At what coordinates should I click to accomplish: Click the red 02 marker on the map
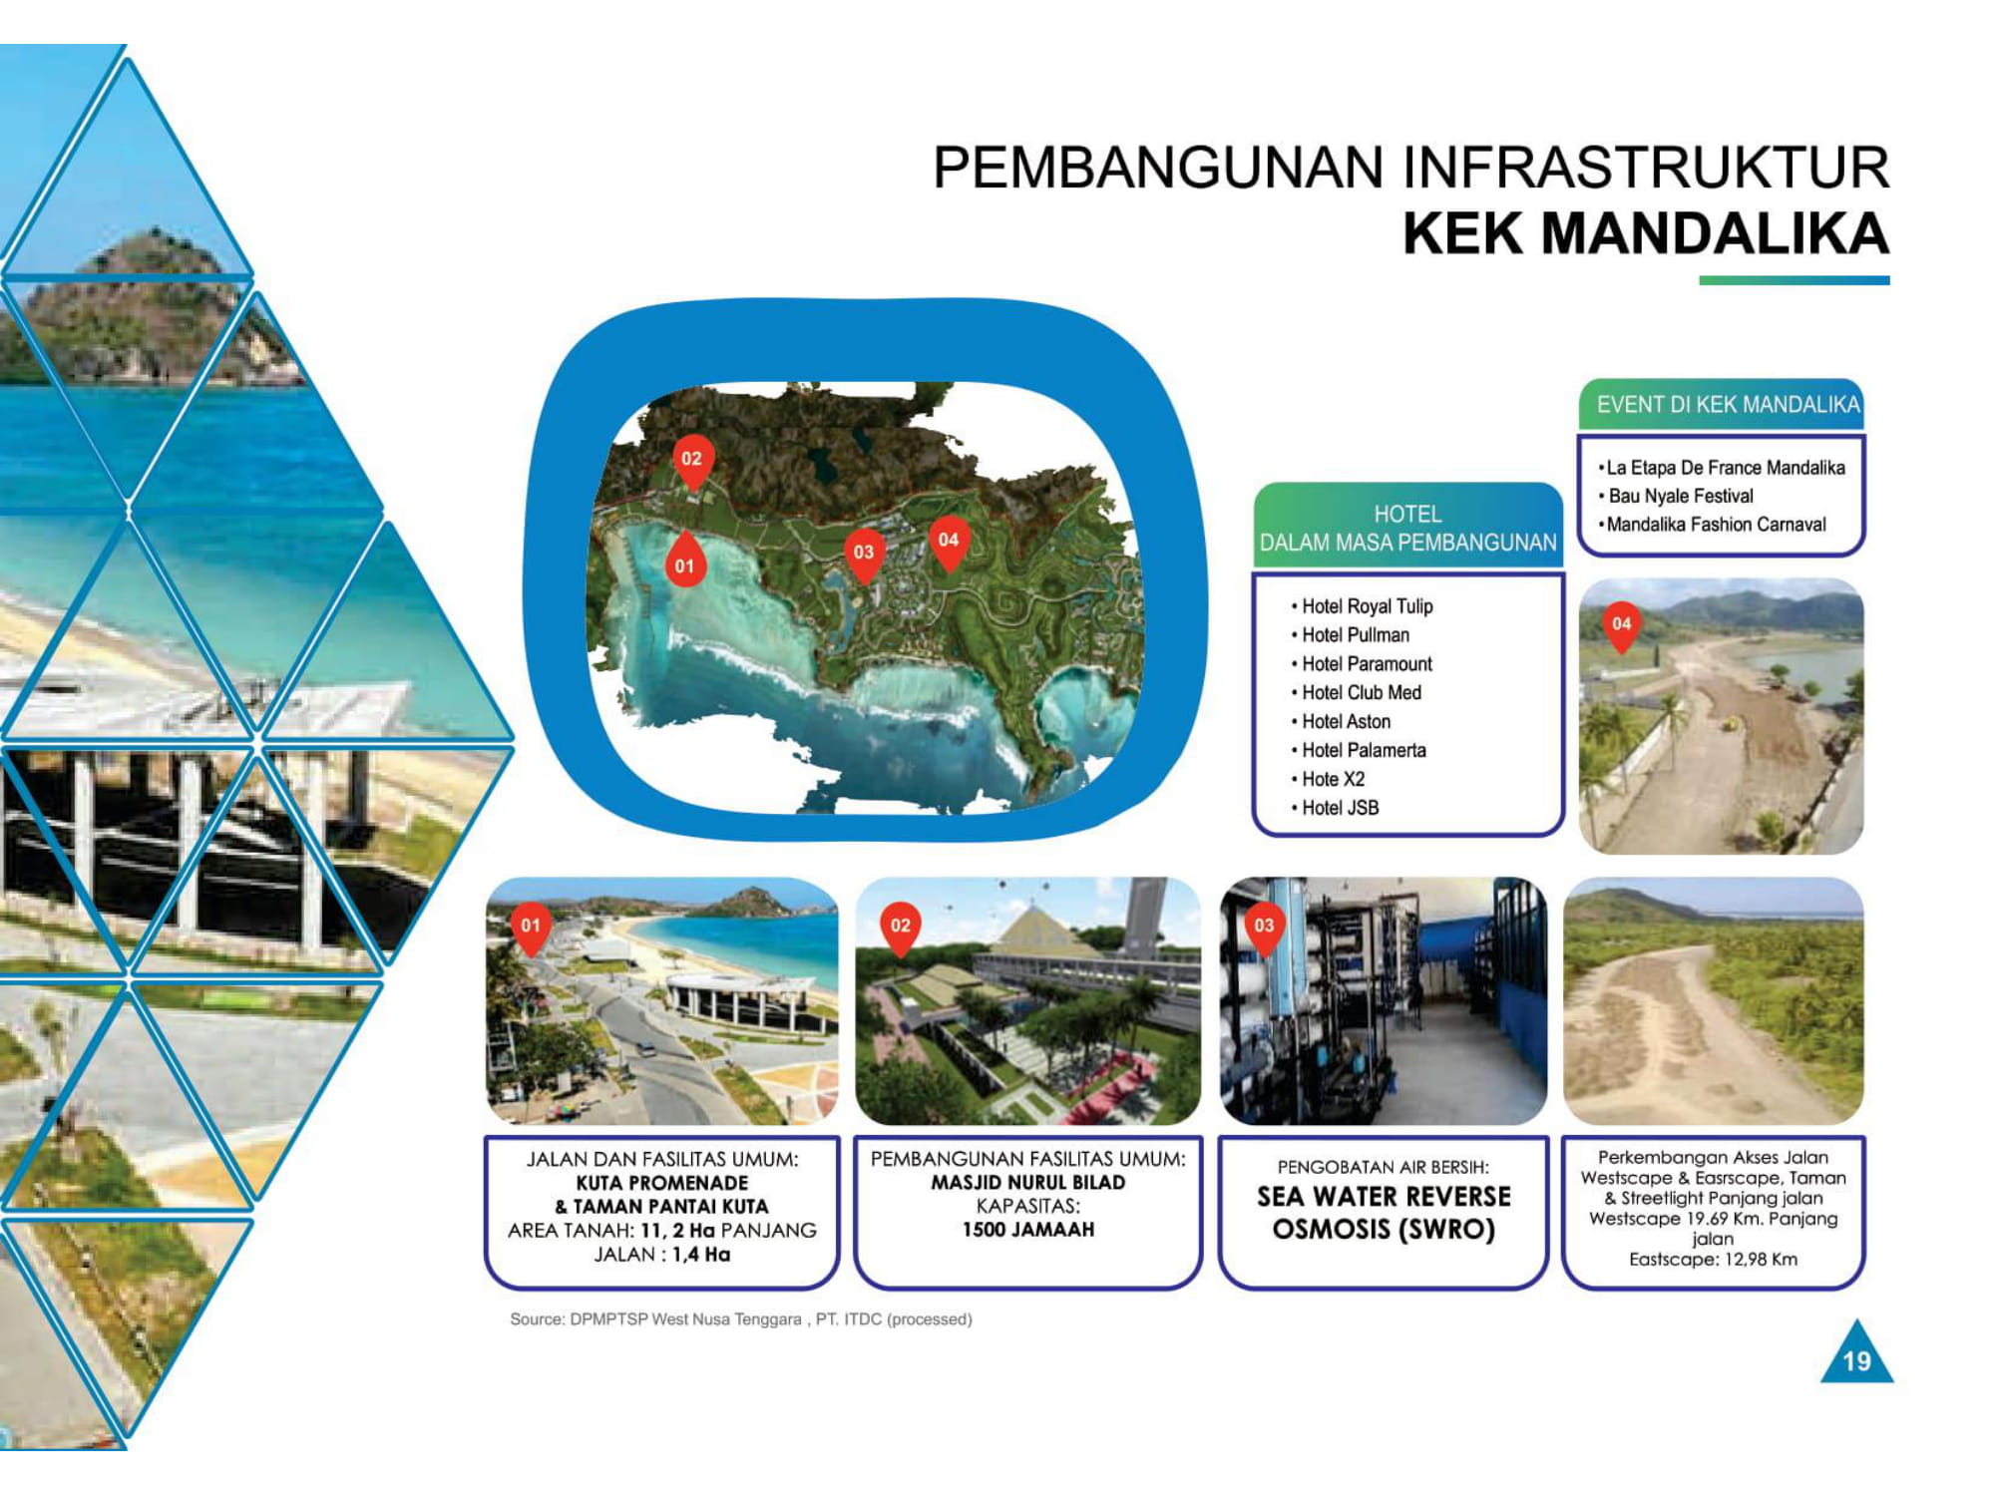coord(692,461)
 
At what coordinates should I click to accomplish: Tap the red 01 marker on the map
coord(684,561)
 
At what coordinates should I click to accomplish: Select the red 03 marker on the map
coord(864,554)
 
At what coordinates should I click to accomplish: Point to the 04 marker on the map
coord(949,543)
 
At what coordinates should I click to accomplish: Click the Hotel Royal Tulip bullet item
coord(1362,606)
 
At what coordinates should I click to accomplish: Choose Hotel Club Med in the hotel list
coord(1357,692)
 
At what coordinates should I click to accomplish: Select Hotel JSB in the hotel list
coord(1336,808)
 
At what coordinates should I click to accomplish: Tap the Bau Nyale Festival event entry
coord(1676,496)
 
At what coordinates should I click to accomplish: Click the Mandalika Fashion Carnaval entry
coord(1712,525)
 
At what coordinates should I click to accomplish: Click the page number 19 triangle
coord(1856,1355)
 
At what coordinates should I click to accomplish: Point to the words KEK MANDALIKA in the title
coord(1646,233)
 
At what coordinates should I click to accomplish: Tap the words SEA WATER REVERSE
coord(1384,1196)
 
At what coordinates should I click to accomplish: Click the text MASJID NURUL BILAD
coord(1027,1182)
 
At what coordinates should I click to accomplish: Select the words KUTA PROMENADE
coord(662,1183)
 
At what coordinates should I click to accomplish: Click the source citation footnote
coord(741,1319)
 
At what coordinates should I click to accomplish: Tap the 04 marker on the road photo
coord(1622,626)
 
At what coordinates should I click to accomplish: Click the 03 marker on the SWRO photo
coord(1264,928)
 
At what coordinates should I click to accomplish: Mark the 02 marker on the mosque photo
coord(900,928)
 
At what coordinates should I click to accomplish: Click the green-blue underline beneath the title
coord(1795,280)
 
